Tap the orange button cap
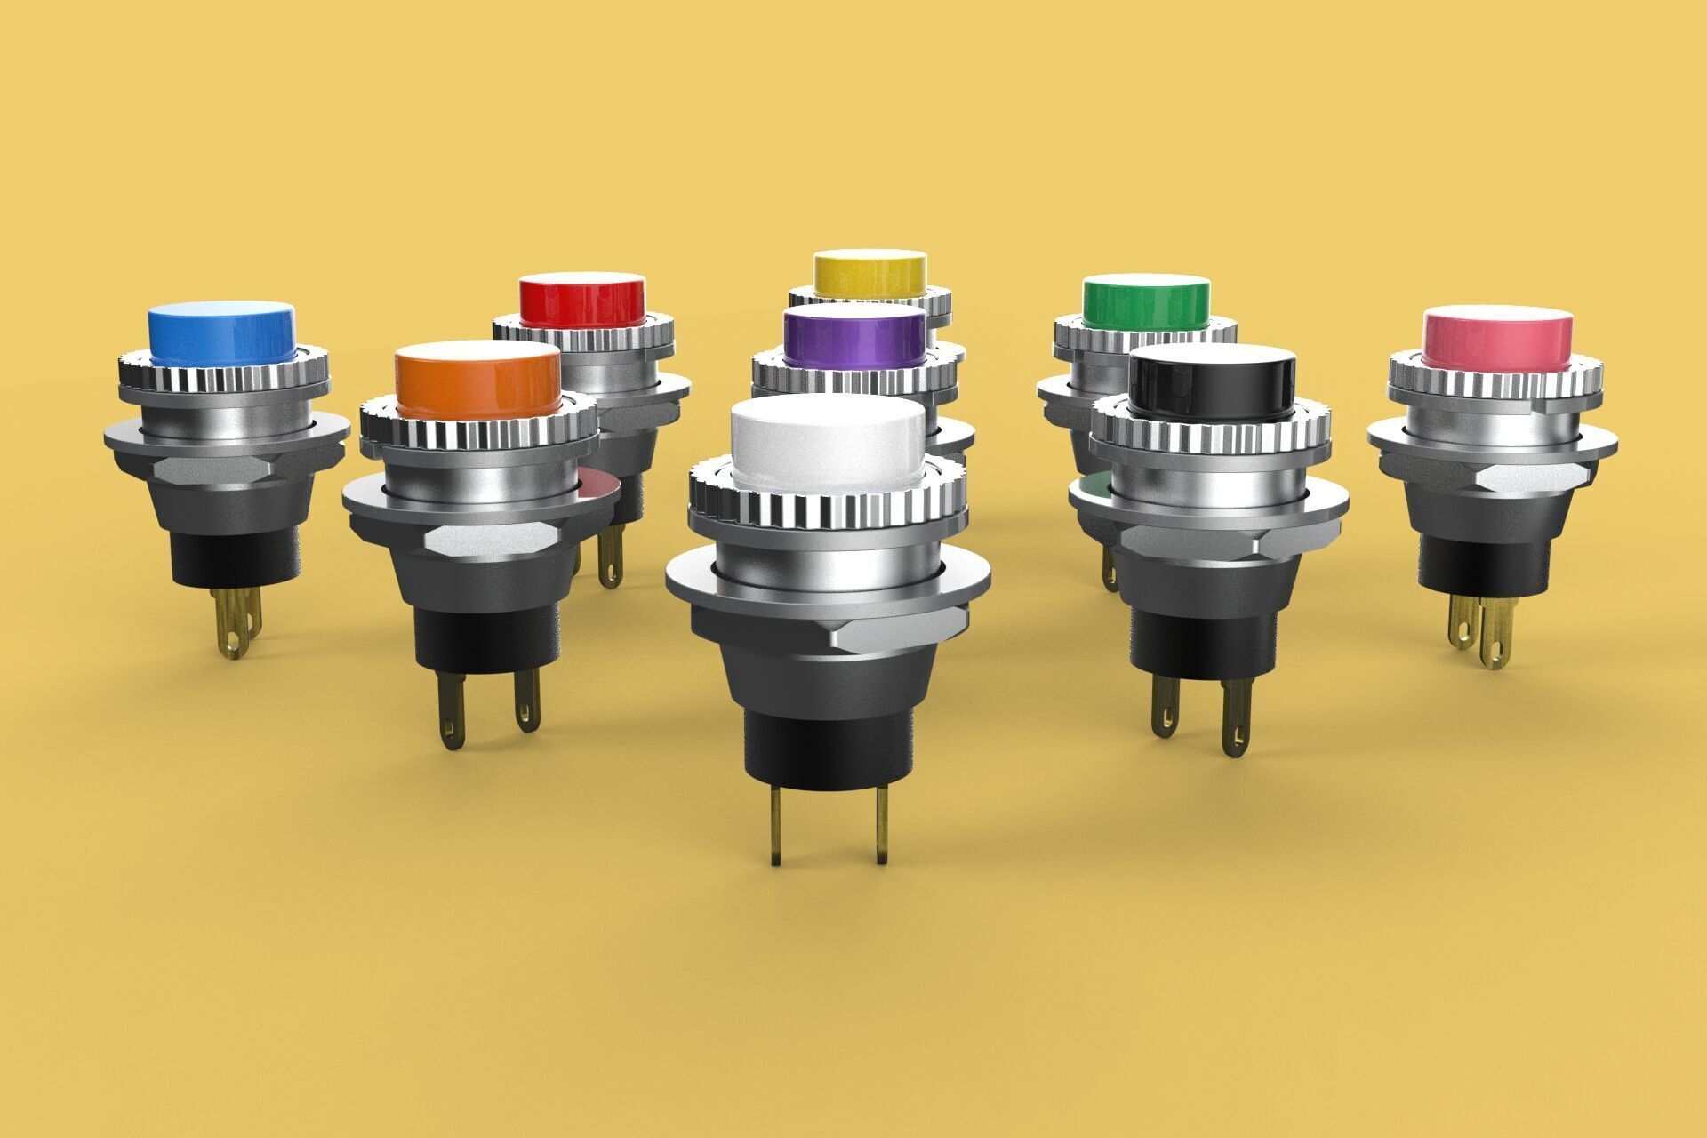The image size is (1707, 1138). (x=477, y=378)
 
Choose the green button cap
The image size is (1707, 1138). (x=1146, y=303)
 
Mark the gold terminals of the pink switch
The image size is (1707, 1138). (x=1480, y=631)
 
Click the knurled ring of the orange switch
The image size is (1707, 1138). (x=480, y=432)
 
